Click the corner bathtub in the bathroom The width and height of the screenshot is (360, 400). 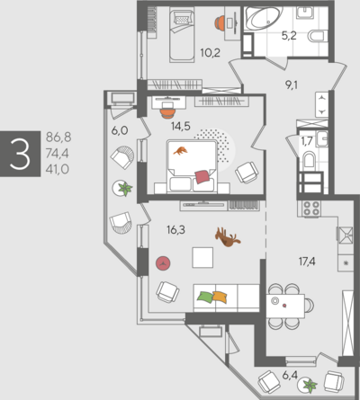(x=262, y=18)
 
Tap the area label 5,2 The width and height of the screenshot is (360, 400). (x=289, y=36)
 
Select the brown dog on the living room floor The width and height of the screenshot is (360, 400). (x=228, y=237)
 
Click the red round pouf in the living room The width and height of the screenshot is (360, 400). (x=163, y=263)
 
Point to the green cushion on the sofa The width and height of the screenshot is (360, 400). (x=205, y=297)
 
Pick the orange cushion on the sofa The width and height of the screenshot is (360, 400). (x=220, y=297)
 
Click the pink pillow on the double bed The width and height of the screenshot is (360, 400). (x=202, y=176)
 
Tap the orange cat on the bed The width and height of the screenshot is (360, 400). (x=180, y=151)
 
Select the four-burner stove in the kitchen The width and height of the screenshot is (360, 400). (x=311, y=209)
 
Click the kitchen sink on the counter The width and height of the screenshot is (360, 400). (x=345, y=235)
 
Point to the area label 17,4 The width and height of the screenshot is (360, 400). (x=307, y=262)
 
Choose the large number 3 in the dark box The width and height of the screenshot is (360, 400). (x=20, y=154)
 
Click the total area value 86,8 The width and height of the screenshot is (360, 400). (x=58, y=138)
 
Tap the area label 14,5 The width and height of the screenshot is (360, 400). (x=181, y=126)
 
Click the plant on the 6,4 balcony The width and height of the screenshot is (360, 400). (x=308, y=385)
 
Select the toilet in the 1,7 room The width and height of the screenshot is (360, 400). (x=310, y=160)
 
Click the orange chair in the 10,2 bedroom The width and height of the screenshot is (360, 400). (x=220, y=22)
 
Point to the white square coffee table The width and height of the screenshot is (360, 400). (x=202, y=257)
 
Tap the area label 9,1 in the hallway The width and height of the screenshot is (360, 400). (x=292, y=85)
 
